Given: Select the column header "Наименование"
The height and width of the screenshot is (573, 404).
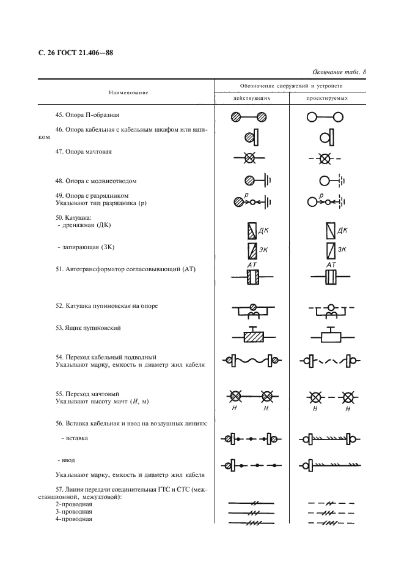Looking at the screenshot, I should [x=128, y=92].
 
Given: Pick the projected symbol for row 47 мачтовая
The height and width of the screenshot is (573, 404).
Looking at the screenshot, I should [x=325, y=159].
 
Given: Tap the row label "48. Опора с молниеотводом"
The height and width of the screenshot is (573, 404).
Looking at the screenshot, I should [x=95, y=181].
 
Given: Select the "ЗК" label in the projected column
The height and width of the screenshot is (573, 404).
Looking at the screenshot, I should [x=342, y=250].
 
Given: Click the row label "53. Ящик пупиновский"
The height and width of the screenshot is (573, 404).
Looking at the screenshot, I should [x=88, y=328].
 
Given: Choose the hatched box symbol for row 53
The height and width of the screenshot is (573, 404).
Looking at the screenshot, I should [x=252, y=336].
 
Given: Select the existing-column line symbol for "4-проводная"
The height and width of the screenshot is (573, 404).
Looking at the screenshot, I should [x=251, y=522].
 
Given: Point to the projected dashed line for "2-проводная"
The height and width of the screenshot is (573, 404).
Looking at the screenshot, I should [x=330, y=503].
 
